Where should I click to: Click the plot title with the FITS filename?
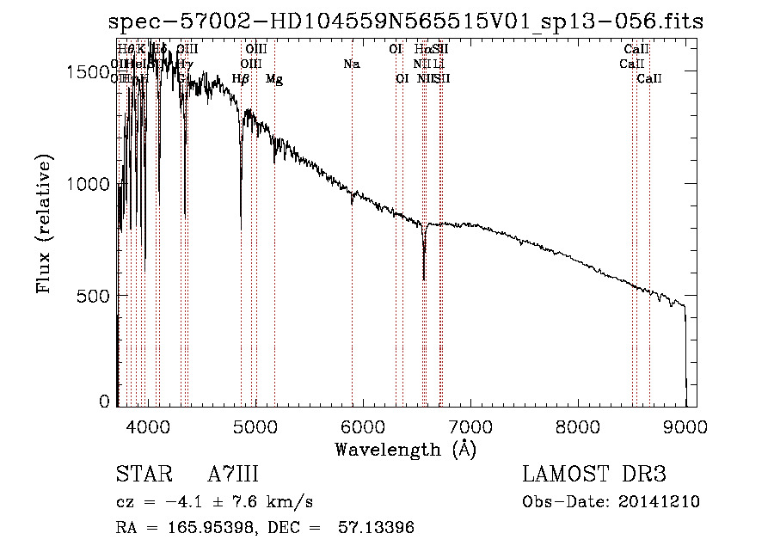(406, 22)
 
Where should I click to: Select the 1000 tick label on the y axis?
(89, 184)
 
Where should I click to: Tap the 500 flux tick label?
(95, 296)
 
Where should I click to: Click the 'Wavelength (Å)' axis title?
(405, 449)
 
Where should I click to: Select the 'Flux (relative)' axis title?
(45, 224)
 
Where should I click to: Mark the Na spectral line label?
(351, 64)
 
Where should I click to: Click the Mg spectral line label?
(273, 79)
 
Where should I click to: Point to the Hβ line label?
(241, 79)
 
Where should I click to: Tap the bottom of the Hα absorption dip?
(424, 278)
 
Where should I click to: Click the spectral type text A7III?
(233, 475)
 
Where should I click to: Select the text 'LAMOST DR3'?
(594, 475)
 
